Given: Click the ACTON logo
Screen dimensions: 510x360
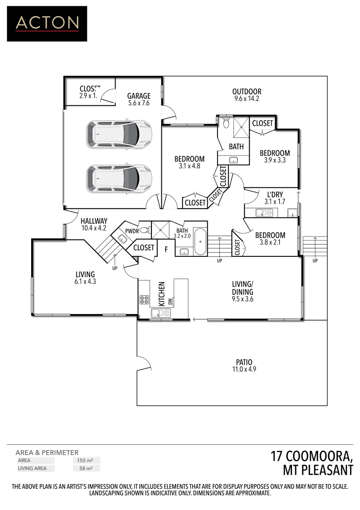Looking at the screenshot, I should (47, 24).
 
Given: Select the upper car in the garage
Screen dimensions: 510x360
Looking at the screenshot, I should (119, 134).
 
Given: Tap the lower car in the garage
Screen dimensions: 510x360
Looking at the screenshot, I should (119, 178).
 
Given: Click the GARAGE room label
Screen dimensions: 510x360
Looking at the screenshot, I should (138, 96).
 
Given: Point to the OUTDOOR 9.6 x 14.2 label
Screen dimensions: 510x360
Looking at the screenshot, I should (246, 92).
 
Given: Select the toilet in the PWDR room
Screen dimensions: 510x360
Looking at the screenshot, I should (144, 230).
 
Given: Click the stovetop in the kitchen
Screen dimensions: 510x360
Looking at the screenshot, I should (144, 299).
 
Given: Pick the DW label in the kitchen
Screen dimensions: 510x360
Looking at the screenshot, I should (170, 301).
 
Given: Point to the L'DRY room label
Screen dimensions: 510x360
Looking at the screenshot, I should (275, 194).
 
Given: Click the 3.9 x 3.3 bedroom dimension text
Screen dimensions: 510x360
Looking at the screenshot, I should (275, 160).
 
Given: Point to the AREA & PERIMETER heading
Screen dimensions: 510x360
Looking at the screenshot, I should (47, 452).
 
